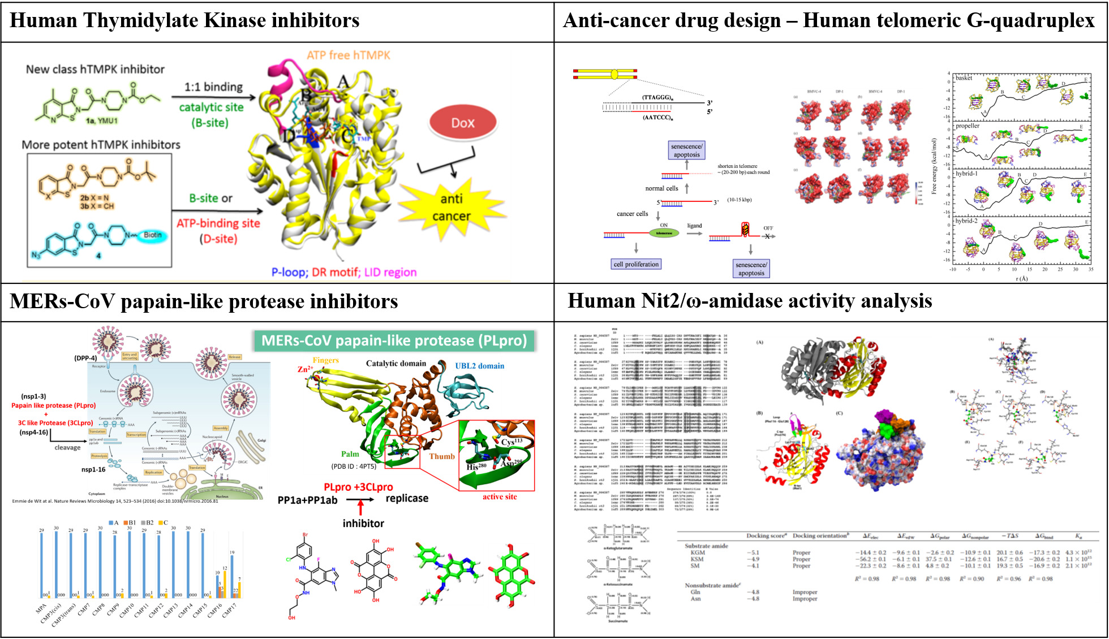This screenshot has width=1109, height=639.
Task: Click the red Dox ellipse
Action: click(x=462, y=123)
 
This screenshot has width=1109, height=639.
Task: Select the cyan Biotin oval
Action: click(x=152, y=235)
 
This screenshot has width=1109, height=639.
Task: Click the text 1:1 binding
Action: click(x=213, y=87)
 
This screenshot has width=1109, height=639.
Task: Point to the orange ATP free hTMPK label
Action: click(x=349, y=55)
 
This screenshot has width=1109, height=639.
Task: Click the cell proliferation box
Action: click(x=636, y=264)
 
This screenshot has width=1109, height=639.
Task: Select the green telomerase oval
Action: click(x=664, y=233)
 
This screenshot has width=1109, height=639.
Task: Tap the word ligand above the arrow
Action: click(x=694, y=226)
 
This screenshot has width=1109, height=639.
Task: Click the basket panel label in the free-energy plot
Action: click(x=964, y=78)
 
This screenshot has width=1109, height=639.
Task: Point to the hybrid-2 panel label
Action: click(x=966, y=221)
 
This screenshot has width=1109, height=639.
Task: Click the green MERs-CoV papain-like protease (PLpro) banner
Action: click(x=394, y=340)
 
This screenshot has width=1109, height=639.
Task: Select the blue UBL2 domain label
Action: click(x=479, y=366)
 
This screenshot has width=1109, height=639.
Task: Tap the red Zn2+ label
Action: click(x=305, y=369)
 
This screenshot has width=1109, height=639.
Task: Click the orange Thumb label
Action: click(x=441, y=456)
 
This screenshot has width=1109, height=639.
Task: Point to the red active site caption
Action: click(x=499, y=496)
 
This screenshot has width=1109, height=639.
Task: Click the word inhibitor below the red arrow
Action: click(x=363, y=524)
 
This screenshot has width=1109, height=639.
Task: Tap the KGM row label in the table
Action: click(x=698, y=552)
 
